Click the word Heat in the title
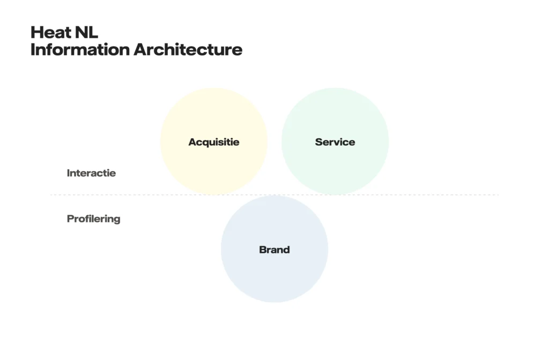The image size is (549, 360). tap(50, 32)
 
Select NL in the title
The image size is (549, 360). tap(86, 32)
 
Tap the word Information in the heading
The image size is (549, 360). tap(80, 49)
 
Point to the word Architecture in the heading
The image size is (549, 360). tap(188, 49)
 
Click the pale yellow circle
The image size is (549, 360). tap(214, 141)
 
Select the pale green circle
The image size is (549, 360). tap(335, 141)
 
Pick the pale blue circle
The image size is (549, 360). tap(274, 249)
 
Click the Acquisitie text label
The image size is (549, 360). tap(214, 142)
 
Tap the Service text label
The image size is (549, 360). tap(335, 141)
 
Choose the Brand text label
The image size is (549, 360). tap(274, 250)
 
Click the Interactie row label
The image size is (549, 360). tap(91, 173)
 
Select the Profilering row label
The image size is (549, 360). tap(93, 219)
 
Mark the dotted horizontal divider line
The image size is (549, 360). tap(274, 195)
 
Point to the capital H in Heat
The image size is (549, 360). tap(36, 32)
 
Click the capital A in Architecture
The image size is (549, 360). tap(141, 49)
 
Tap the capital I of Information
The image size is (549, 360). tap(33, 49)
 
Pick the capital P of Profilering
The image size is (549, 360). tap(70, 219)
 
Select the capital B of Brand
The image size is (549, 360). tap(263, 250)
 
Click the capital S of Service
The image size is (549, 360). tap(319, 141)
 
